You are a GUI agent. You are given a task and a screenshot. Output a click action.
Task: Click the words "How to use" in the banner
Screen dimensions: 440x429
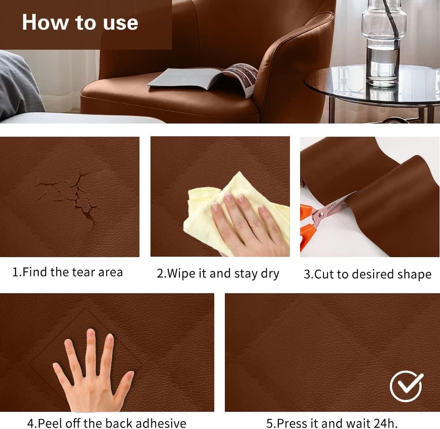pos(80,22)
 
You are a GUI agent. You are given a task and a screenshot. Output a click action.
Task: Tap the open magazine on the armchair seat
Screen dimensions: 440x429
pos(202,80)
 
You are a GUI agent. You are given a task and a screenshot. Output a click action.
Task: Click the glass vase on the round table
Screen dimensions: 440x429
pos(384,42)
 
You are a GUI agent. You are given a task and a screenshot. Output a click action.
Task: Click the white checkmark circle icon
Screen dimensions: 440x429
pos(406,386)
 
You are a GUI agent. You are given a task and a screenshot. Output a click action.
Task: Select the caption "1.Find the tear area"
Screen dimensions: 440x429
pos(67,272)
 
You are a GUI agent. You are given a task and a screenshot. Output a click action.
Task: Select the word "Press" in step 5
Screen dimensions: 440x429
pos(292,423)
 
